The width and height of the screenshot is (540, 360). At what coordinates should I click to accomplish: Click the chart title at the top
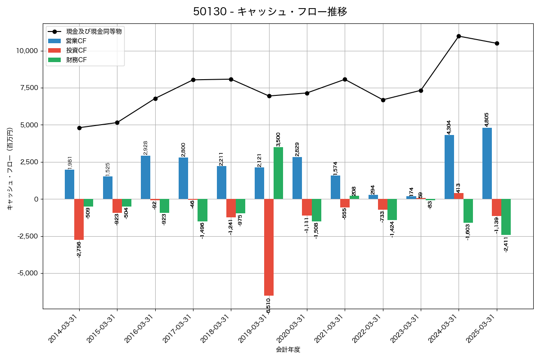(270, 12)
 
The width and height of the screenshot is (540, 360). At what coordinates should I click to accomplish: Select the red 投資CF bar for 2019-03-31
(269, 247)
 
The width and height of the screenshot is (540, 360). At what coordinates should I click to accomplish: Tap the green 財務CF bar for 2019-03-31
(278, 173)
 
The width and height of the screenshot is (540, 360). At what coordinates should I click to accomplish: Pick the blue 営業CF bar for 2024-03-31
(449, 167)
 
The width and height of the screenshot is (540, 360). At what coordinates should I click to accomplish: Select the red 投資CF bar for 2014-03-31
(79, 220)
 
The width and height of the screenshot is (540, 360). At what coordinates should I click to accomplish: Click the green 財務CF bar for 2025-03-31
(506, 217)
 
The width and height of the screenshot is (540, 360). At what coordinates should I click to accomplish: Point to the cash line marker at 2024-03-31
(459, 36)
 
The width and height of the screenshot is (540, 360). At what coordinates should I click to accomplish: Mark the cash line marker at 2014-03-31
(79, 128)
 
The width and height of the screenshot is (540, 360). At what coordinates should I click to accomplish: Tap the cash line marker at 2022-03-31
(383, 100)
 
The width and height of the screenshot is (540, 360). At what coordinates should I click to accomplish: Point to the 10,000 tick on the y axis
(27, 51)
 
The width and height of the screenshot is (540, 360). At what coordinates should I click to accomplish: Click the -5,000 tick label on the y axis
(28, 273)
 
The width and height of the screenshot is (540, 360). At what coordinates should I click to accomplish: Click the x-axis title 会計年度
(288, 350)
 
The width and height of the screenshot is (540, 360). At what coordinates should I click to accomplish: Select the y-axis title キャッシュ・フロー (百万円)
(10, 169)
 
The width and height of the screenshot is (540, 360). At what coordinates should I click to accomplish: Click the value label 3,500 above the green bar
(278, 139)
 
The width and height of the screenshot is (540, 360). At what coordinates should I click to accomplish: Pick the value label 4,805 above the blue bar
(487, 120)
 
